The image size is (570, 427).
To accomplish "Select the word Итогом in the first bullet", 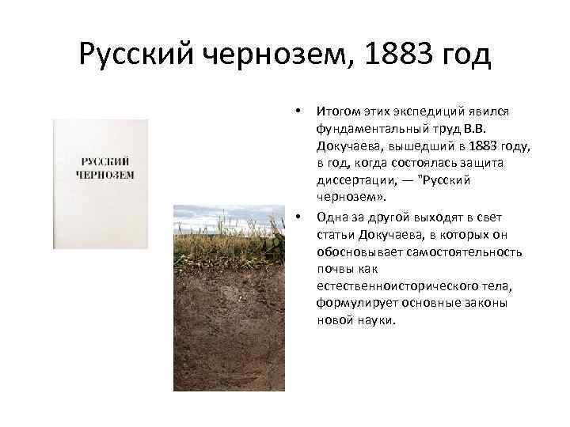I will [x=336, y=111].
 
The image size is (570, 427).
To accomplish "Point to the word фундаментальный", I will [x=362, y=128].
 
